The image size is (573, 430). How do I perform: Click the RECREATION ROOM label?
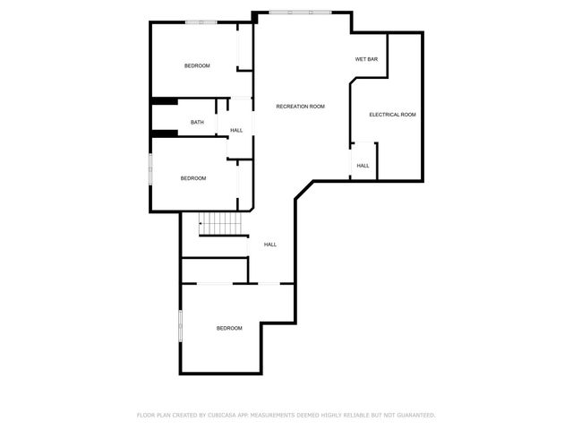tap(300, 107)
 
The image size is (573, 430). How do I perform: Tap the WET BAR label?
tap(366, 59)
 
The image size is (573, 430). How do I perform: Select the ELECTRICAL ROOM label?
tap(393, 115)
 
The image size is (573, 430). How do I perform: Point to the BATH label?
tap(197, 123)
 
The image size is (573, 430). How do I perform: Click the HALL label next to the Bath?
tap(236, 131)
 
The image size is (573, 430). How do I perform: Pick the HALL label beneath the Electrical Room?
tap(363, 166)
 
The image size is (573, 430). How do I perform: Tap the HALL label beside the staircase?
tap(269, 245)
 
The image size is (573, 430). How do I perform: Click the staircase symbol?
tap(221, 224)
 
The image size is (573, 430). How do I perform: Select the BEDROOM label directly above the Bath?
tap(197, 66)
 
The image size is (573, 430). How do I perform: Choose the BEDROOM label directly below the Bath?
tap(193, 178)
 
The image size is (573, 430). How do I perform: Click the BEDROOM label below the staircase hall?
tap(229, 329)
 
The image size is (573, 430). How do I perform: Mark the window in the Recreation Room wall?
tap(299, 12)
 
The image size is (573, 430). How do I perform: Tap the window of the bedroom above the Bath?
tap(200, 21)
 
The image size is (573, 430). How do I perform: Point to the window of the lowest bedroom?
tap(181, 325)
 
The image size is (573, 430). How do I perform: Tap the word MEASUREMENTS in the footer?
tap(279, 416)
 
